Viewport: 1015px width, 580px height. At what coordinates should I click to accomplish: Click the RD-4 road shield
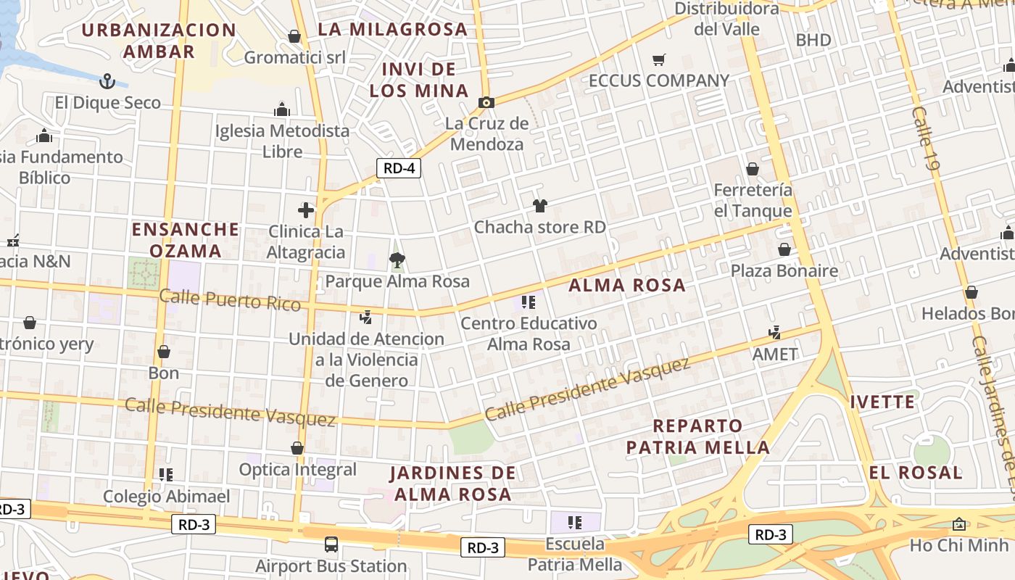pos(399,169)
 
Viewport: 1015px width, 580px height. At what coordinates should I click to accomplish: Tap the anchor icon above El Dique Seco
pos(107,80)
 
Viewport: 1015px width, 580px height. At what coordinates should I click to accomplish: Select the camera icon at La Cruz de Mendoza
pos(486,102)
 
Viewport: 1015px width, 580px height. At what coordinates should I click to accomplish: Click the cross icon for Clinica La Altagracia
pos(306,210)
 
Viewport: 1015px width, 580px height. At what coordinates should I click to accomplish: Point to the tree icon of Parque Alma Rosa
pos(397,260)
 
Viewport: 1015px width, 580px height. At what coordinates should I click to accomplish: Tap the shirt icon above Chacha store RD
pos(539,206)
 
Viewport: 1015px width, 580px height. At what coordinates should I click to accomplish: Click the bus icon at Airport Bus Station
pos(331,544)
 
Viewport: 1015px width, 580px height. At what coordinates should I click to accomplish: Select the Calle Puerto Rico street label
pos(229,299)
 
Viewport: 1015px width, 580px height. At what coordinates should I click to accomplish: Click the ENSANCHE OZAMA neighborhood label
pos(186,240)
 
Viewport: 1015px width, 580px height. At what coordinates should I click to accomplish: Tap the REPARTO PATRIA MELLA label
pos(697,436)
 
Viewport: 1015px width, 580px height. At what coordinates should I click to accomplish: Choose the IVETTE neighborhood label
pos(882,402)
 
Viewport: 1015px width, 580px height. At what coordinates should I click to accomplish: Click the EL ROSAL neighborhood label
pos(916,473)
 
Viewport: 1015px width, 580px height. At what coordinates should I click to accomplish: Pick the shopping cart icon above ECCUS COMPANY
pos(658,60)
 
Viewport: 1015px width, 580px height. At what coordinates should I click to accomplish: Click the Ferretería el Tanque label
pos(753,200)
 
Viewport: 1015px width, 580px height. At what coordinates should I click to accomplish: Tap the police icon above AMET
pos(774,333)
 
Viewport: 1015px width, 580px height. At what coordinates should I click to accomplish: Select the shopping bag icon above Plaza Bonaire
pos(784,250)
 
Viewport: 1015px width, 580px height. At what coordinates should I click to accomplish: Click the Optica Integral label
pos(298,469)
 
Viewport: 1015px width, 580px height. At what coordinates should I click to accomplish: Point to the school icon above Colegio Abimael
pos(166,475)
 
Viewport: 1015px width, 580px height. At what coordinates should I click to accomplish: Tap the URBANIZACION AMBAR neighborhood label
pos(159,41)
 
